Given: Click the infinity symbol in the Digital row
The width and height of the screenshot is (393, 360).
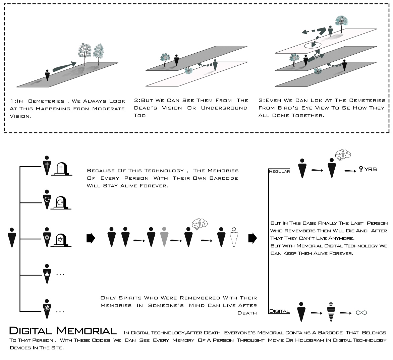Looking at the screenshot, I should click(361, 313).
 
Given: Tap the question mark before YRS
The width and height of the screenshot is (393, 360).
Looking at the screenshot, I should click(361, 169).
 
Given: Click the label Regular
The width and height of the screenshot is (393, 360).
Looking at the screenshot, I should click(279, 171).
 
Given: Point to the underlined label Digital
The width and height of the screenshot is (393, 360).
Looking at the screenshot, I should click(279, 311).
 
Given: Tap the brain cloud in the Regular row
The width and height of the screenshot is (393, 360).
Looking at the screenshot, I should click(343, 155).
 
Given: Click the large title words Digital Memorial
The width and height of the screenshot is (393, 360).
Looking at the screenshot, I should click(63, 331).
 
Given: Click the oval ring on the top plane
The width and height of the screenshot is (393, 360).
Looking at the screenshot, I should click(313, 45).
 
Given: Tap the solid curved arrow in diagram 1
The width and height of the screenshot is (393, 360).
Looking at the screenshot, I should click(64, 66).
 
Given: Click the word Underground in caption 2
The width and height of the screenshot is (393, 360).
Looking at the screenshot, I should click(224, 108).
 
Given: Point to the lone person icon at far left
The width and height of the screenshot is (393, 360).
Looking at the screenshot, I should click(12, 237).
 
